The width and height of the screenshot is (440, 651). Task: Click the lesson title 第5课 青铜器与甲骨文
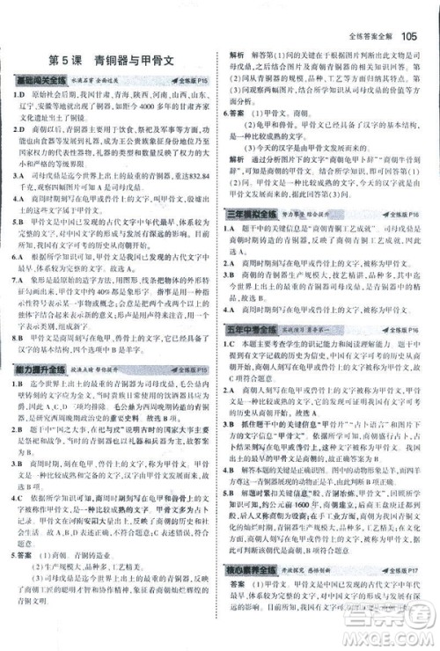[111, 61]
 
